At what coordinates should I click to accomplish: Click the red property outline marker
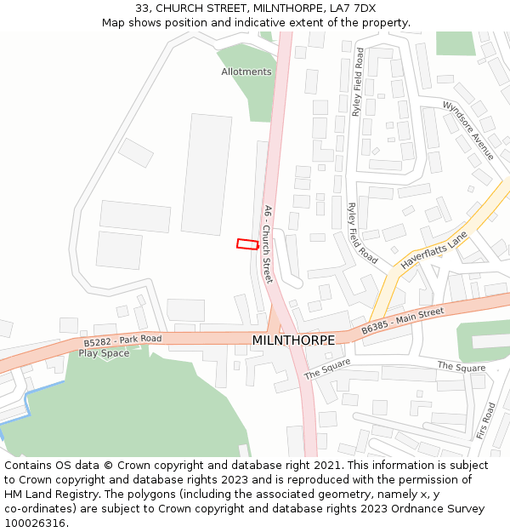point(246,244)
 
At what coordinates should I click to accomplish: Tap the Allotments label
point(246,72)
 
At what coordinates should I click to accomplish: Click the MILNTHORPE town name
point(293,340)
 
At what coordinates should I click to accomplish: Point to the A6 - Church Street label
point(267,244)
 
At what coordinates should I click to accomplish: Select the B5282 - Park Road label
point(122,340)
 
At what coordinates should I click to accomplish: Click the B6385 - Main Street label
point(402,322)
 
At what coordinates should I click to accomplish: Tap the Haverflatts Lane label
point(433,253)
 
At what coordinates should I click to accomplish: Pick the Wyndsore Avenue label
point(468,129)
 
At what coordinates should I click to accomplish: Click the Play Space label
point(104,353)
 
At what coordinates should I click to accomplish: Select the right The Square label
point(462,367)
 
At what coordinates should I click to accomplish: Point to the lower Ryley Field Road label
point(362,232)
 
